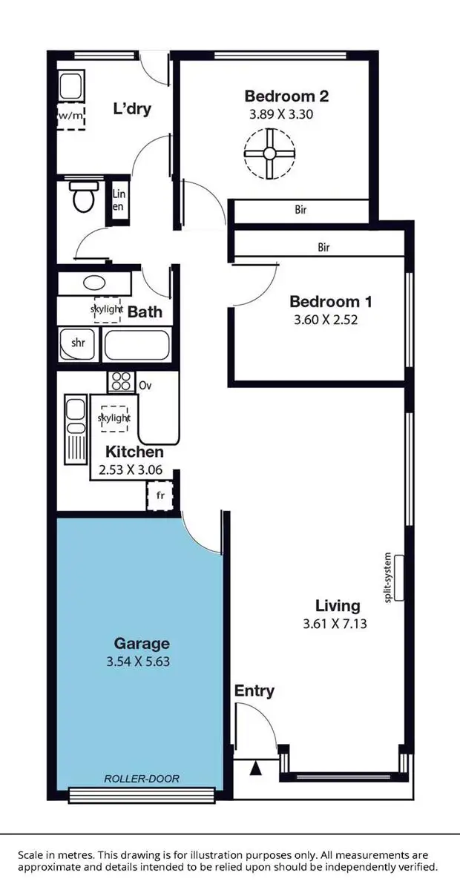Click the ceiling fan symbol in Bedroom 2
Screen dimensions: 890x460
pos(269,154)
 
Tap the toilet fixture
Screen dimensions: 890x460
pos(82,198)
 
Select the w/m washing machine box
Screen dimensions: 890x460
pos(71,116)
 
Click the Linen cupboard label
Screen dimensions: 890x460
pos(119,200)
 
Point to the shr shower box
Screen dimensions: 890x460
pos(78,343)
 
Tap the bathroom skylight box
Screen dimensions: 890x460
pos(107,309)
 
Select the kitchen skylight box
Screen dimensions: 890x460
pos(114,418)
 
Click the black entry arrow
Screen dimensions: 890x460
pos(256,769)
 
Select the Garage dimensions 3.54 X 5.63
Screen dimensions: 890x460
pos(141,662)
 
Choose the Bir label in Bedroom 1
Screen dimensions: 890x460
pos(323,248)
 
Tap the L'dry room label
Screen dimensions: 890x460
pos(131,110)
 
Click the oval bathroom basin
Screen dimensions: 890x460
pos(94,283)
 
